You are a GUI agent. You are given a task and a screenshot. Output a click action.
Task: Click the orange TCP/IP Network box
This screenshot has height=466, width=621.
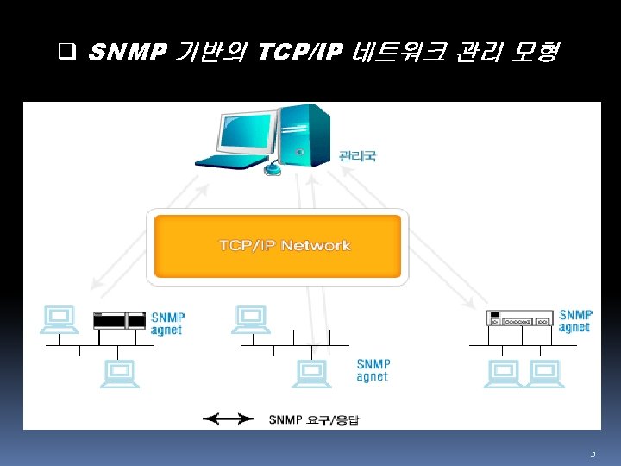(277, 246)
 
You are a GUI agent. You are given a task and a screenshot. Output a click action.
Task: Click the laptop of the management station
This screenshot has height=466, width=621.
(235, 143)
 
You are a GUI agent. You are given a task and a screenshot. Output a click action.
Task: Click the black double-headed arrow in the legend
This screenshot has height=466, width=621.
(229, 419)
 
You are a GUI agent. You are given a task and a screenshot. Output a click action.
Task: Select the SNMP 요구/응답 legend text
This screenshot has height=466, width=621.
(318, 420)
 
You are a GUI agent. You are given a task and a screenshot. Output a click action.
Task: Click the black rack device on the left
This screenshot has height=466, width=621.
(119, 320)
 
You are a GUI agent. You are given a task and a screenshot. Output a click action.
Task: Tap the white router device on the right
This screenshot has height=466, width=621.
(519, 319)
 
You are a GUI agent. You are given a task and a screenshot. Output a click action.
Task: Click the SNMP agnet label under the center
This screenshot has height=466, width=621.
(373, 370)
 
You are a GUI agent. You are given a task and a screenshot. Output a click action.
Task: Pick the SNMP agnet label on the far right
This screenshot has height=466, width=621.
(575, 321)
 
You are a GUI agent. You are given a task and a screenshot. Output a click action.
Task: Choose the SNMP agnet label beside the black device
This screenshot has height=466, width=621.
(167, 324)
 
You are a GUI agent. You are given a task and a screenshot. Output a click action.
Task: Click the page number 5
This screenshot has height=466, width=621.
(593, 453)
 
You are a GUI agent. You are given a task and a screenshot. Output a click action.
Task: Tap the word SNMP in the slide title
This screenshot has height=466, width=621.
(126, 54)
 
